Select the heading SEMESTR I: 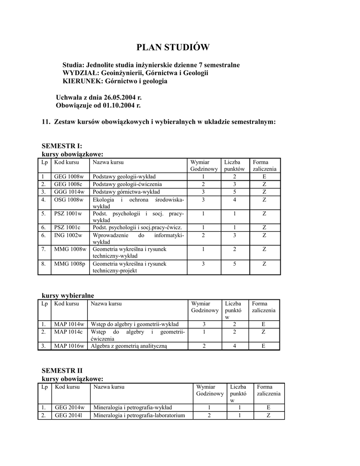62,146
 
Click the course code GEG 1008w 69,177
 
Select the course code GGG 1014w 69,192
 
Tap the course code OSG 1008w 69,199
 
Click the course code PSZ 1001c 67,227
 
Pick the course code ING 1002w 68,235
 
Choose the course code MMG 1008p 70,263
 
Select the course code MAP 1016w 69,346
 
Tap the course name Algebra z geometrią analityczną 129,346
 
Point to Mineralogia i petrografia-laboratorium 139,415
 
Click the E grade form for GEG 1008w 264,177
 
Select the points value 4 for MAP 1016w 234,346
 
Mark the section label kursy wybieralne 68,295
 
